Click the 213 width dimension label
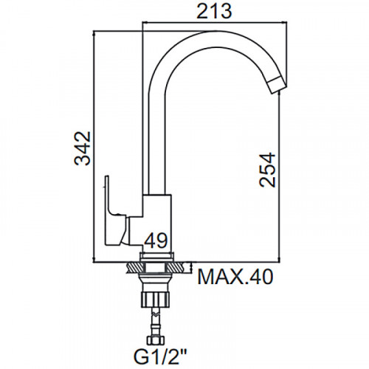(x=214, y=11)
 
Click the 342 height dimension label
(x=83, y=149)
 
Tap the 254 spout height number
(x=267, y=170)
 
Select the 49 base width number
(x=156, y=241)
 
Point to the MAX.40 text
(x=235, y=277)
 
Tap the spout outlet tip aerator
(x=278, y=84)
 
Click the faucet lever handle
(x=116, y=212)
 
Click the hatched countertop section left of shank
(x=134, y=267)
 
